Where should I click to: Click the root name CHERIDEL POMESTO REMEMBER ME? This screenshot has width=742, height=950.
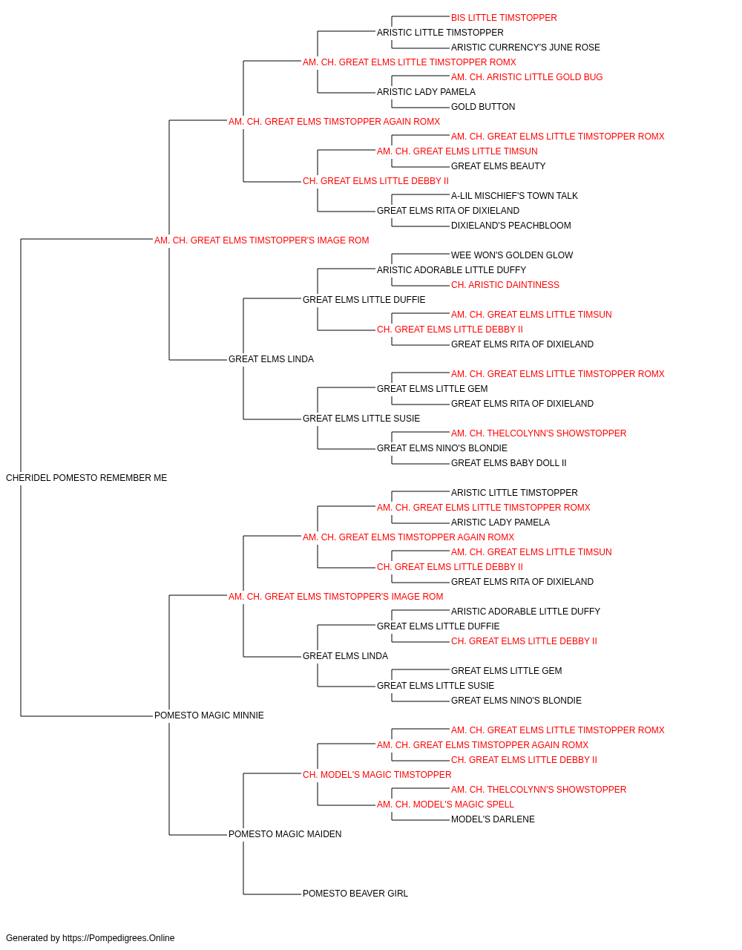(x=87, y=478)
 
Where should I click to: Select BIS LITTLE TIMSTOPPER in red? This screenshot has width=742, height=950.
(x=504, y=18)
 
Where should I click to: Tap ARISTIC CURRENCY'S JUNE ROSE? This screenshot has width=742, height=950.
(x=525, y=47)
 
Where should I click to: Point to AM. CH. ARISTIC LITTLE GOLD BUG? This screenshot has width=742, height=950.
(x=527, y=77)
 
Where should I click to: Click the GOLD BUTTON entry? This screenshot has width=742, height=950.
(x=483, y=107)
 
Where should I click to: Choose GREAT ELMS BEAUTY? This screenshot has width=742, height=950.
(x=498, y=166)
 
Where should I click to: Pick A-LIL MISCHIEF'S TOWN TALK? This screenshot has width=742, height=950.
(x=514, y=196)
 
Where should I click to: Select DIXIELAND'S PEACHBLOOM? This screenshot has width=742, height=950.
(x=510, y=226)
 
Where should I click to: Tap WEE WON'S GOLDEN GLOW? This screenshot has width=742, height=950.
(x=512, y=255)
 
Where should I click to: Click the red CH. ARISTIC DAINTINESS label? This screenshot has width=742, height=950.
(x=505, y=285)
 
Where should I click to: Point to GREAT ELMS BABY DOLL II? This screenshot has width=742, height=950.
(x=509, y=463)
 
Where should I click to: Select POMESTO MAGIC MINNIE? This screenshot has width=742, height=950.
(x=209, y=715)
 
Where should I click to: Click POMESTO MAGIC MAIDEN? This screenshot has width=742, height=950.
(x=285, y=834)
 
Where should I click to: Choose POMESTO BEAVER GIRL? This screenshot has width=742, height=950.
(x=355, y=894)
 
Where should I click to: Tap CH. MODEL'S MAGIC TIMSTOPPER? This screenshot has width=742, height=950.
(x=377, y=775)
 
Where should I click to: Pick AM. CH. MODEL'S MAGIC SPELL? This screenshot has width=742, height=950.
(x=445, y=805)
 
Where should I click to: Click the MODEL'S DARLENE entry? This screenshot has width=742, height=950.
(x=493, y=819)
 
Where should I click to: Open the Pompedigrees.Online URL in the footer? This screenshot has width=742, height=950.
(x=119, y=938)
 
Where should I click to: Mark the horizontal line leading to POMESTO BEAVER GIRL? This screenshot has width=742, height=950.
(x=272, y=894)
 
